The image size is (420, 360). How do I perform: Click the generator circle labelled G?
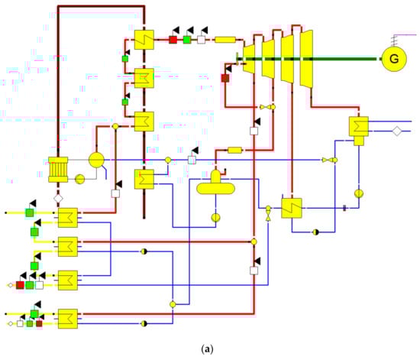[394, 58]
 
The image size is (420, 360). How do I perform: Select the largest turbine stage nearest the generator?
[306, 57]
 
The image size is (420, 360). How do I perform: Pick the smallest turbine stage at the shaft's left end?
[248, 59]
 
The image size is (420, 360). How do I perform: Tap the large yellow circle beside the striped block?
[97, 160]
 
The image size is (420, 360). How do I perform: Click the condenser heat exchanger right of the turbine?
[358, 128]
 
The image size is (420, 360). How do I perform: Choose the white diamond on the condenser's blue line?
[396, 131]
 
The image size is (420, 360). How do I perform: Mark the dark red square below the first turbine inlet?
[225, 78]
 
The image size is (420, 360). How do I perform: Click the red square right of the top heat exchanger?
[173, 39]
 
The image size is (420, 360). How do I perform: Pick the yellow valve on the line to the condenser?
[328, 161]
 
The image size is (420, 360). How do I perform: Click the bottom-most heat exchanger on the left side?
[69, 317]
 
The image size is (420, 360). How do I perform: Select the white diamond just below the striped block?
[57, 198]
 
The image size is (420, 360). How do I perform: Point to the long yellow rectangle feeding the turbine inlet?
[225, 39]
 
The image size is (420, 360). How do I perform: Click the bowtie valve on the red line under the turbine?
[268, 107]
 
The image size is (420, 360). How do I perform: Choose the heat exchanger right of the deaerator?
[292, 208]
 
